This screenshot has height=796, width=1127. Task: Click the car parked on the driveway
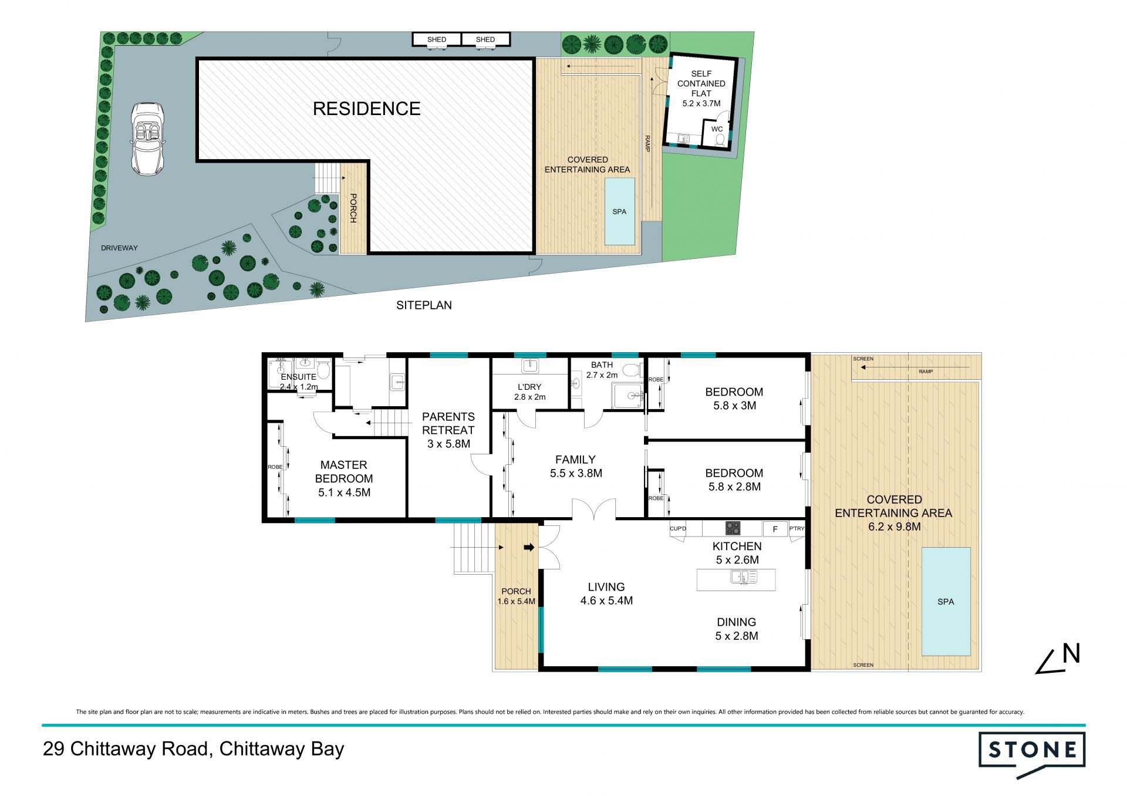tap(147, 139)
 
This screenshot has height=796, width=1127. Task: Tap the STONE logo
tap(1032, 755)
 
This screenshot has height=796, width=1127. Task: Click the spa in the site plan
tap(620, 211)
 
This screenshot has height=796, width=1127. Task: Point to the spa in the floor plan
tap(946, 601)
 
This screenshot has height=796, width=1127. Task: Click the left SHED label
tap(437, 40)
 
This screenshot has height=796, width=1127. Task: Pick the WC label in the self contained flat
tap(717, 129)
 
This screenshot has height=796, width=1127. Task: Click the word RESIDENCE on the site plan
tap(366, 109)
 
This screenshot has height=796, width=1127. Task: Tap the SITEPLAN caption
tap(424, 305)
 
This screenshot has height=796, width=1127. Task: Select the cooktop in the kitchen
tap(733, 528)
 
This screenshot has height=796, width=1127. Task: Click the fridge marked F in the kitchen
tap(775, 529)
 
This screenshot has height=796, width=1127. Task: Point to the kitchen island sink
tap(744, 578)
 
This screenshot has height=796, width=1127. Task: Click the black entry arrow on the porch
tap(529, 547)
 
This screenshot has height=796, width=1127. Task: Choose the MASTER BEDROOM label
tap(344, 471)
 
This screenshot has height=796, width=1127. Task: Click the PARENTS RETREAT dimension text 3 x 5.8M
tap(449, 444)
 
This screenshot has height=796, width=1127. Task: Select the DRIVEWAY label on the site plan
tap(119, 248)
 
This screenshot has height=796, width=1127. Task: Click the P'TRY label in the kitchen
tap(797, 528)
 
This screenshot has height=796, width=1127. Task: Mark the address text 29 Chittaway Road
tap(126, 749)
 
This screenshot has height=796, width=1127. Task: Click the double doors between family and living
tap(594, 510)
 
